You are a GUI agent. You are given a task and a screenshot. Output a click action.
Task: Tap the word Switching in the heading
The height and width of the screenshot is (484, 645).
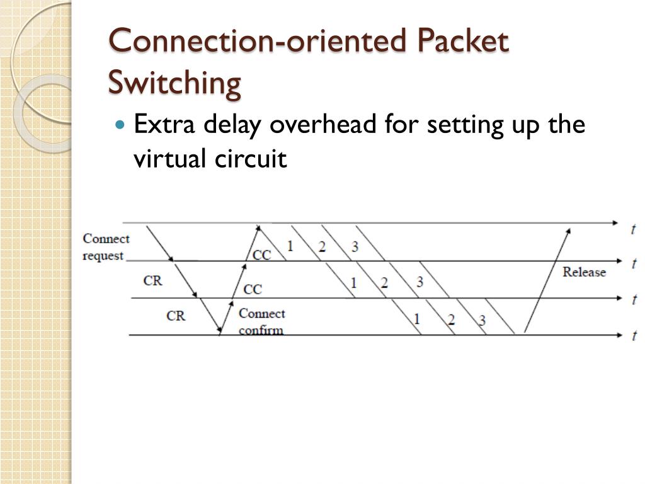[174, 83]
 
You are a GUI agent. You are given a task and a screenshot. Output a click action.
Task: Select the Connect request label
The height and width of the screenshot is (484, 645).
[105, 247]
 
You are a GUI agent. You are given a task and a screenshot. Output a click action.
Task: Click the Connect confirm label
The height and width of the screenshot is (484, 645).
[261, 321]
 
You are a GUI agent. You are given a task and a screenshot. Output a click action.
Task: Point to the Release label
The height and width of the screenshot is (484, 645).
[584, 272]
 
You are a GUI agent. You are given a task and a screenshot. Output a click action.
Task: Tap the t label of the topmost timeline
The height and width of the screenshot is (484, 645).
[632, 229]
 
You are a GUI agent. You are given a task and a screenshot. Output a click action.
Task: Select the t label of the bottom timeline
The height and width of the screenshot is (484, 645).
[634, 336]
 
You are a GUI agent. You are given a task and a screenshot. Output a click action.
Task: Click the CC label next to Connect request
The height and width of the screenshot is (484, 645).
[261, 255]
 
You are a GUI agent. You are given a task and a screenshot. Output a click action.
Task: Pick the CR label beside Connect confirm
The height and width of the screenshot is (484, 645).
[176, 316]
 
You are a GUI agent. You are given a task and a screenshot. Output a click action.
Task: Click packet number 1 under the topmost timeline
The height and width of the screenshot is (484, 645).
[290, 246]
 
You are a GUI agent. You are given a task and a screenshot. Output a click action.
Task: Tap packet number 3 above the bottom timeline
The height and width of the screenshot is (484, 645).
[482, 320]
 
